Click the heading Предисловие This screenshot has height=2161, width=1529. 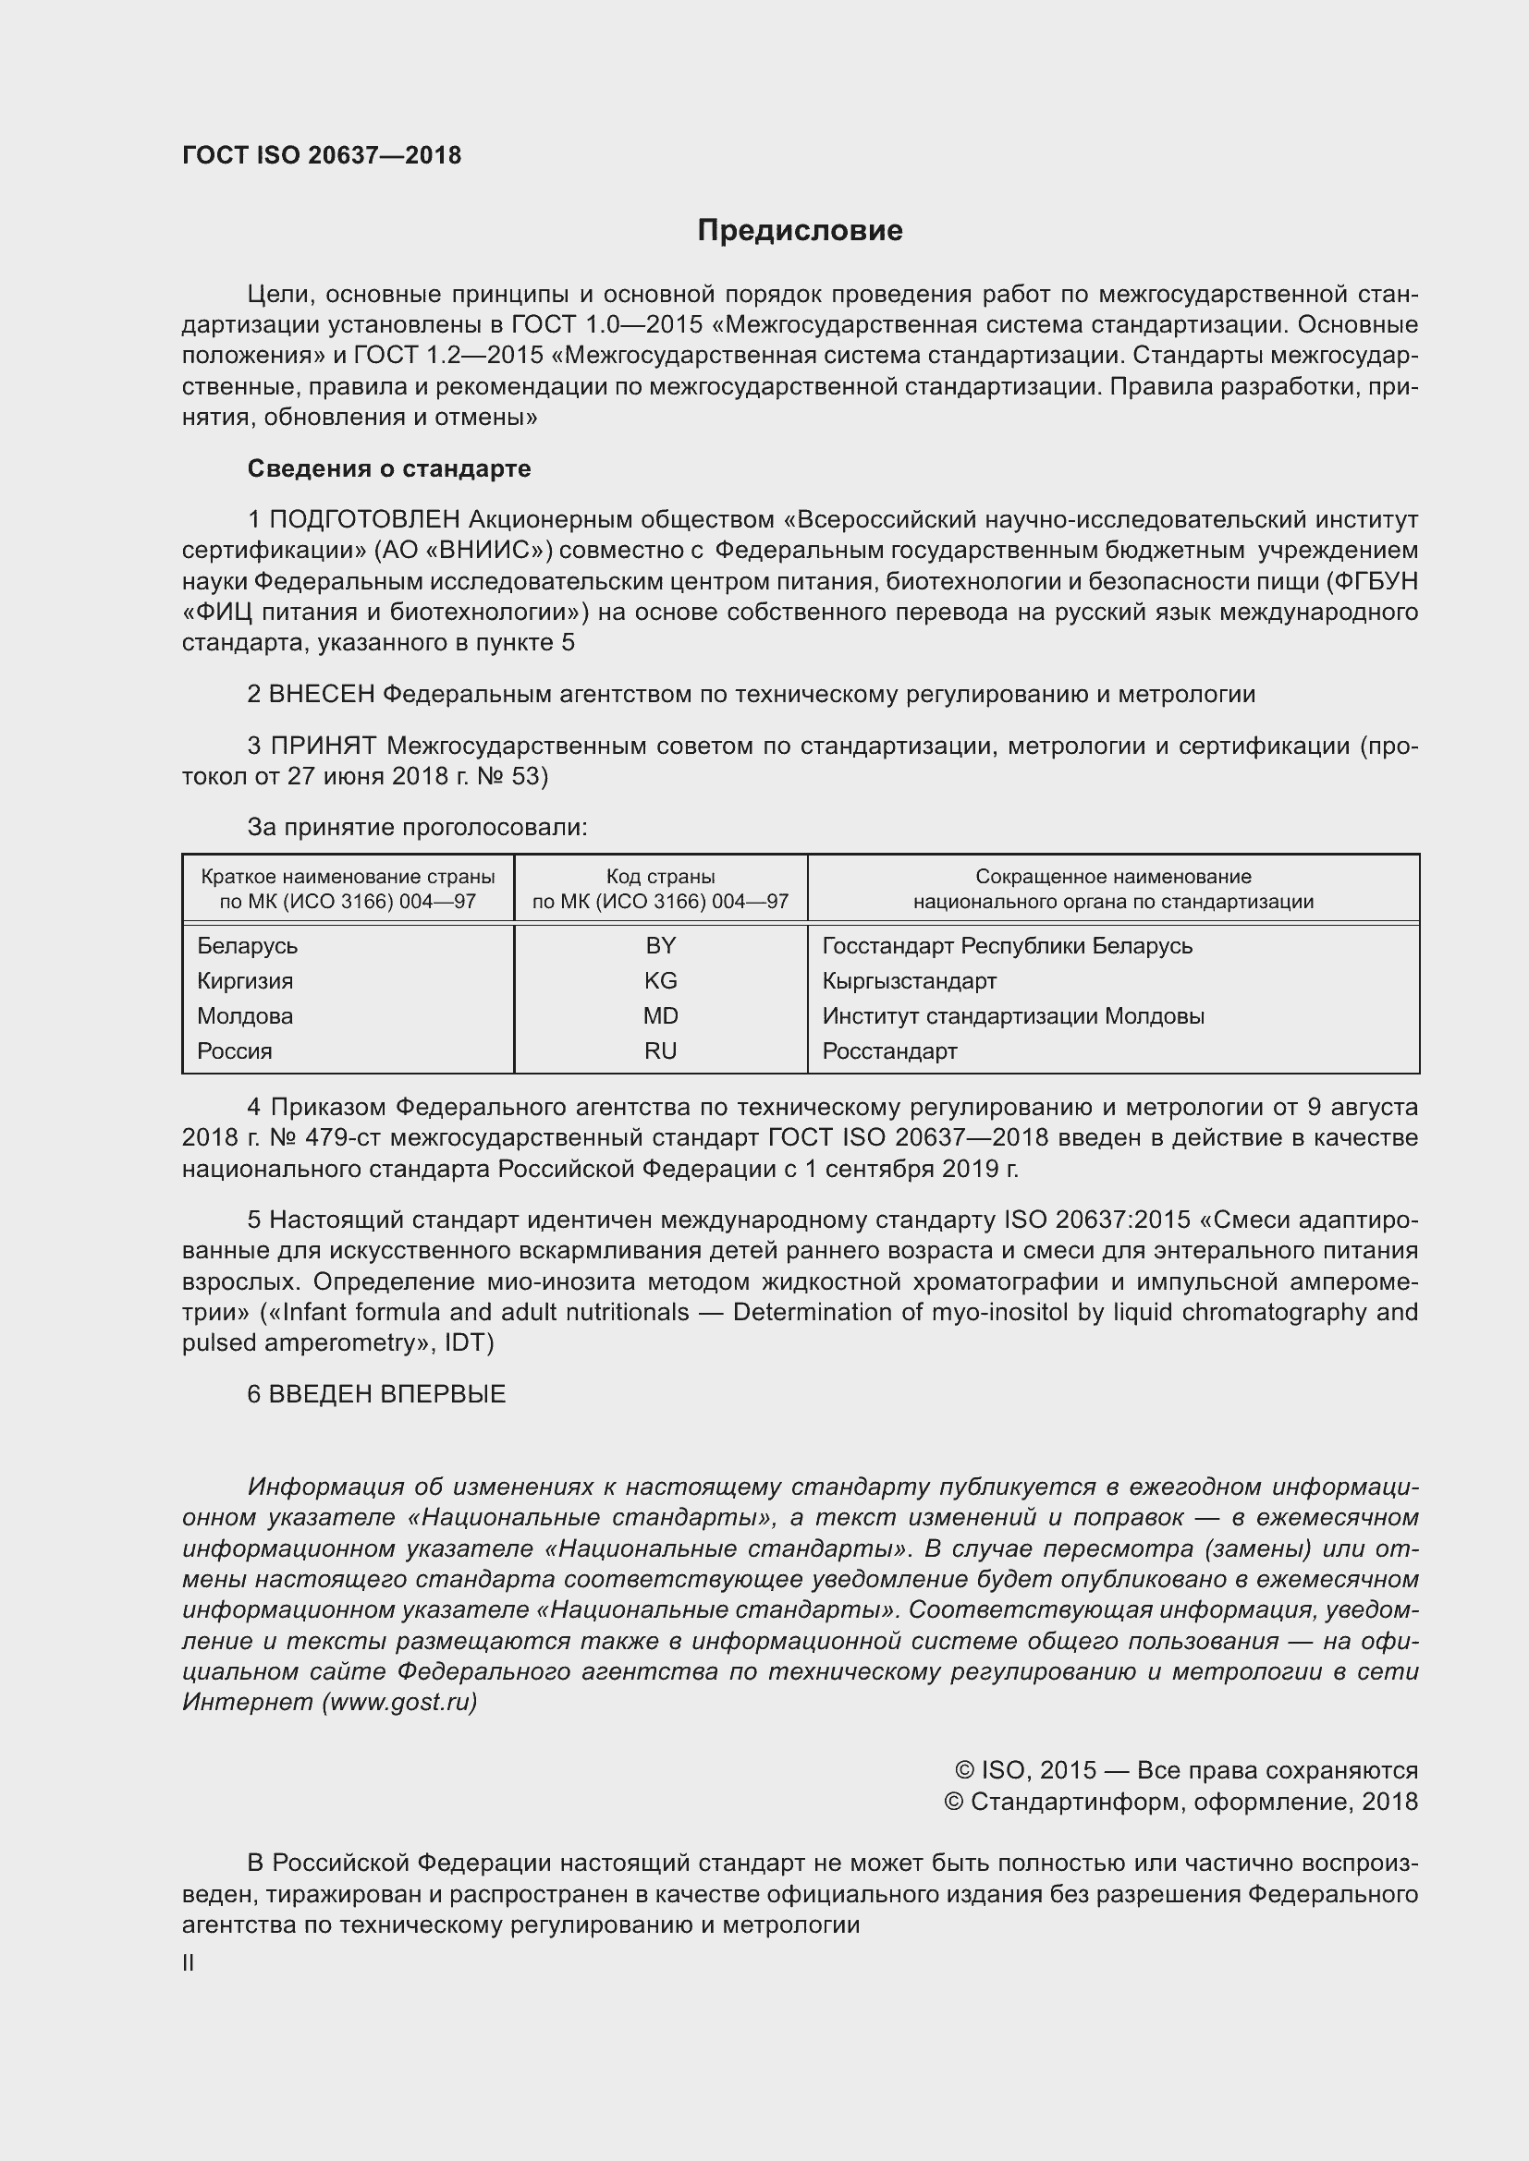pyautogui.click(x=800, y=231)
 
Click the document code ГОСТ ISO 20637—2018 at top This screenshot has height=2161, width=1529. pyautogui.click(x=321, y=155)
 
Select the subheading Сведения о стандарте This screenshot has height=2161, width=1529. pyautogui.click(x=389, y=468)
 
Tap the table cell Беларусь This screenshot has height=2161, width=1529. pyautogui.click(x=247, y=946)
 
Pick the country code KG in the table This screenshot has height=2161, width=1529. pyautogui.click(x=660, y=981)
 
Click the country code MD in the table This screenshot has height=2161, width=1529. pyautogui.click(x=660, y=1015)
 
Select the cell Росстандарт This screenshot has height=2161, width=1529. pyautogui.click(x=888, y=1051)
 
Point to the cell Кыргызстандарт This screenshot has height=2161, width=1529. pyautogui.click(x=909, y=981)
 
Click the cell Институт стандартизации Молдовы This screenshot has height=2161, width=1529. pyautogui.click(x=1012, y=1015)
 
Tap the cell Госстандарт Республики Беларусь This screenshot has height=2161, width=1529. pyautogui.click(x=1007, y=946)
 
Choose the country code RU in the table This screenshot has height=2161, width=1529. pyautogui.click(x=660, y=1051)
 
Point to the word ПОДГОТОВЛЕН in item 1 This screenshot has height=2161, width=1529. pyautogui.click(x=364, y=519)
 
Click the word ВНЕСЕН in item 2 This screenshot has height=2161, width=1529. pyautogui.click(x=322, y=695)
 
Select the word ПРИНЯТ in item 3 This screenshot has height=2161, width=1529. pyautogui.click(x=323, y=747)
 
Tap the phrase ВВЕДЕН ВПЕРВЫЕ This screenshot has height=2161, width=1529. pyautogui.click(x=387, y=1394)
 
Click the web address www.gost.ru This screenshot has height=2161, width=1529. pyautogui.click(x=399, y=1702)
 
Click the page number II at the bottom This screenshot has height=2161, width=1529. pyautogui.click(x=189, y=1963)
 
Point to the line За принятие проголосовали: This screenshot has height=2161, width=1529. pyautogui.click(x=417, y=827)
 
